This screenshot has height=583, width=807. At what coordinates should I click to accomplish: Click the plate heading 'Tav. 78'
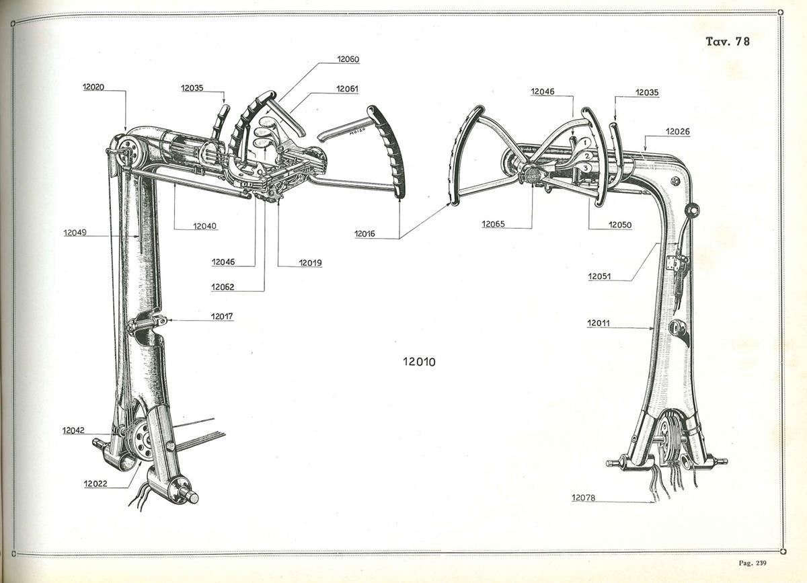pyautogui.click(x=728, y=42)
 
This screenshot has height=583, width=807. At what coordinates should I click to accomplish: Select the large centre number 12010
pyautogui.click(x=419, y=361)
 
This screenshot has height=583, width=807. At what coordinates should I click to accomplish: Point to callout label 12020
pyautogui.click(x=93, y=87)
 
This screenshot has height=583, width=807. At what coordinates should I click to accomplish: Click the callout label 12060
pyautogui.click(x=348, y=59)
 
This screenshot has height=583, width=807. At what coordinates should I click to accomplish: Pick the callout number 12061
pyautogui.click(x=347, y=89)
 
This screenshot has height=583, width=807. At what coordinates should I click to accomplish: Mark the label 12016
pyautogui.click(x=364, y=234)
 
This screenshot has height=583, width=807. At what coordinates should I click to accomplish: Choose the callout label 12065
pyautogui.click(x=493, y=224)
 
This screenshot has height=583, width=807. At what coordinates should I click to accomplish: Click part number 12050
pyautogui.click(x=620, y=225)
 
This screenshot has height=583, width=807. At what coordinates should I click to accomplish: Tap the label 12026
pyautogui.click(x=678, y=132)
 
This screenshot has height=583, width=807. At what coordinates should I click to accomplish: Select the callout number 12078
pyautogui.click(x=583, y=498)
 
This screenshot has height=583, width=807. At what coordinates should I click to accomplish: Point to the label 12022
pyautogui.click(x=95, y=483)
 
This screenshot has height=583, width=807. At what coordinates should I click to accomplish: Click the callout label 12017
pyautogui.click(x=222, y=316)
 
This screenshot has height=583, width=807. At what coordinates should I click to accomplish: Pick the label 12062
pyautogui.click(x=223, y=287)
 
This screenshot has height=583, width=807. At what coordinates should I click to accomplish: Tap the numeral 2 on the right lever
pyautogui.click(x=587, y=156)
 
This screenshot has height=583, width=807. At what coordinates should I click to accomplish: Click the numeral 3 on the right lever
pyautogui.click(x=586, y=168)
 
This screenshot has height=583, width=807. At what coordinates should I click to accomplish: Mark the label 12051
pyautogui.click(x=599, y=276)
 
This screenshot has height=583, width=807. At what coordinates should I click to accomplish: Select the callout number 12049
pyautogui.click(x=75, y=233)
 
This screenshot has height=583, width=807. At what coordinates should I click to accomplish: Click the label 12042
pyautogui.click(x=73, y=430)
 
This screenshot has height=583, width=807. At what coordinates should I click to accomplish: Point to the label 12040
pyautogui.click(x=204, y=227)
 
